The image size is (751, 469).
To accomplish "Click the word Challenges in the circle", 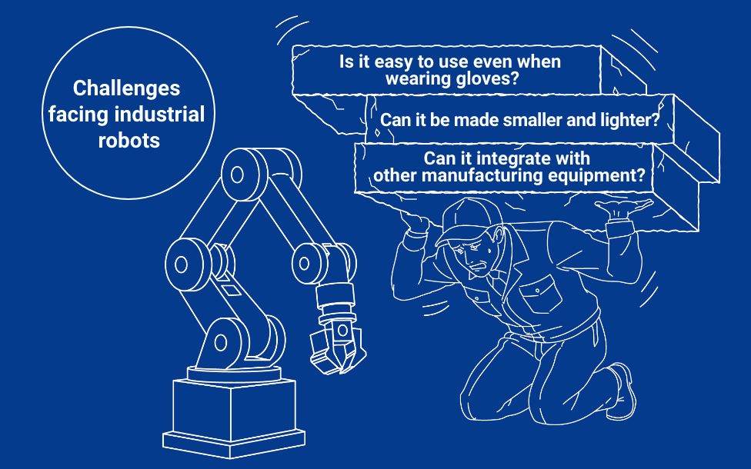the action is tap(126, 89).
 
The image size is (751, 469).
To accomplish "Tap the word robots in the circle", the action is tap(129, 141).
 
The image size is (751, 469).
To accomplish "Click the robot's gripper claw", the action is tap(337, 348).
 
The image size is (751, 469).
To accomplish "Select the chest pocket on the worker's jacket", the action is tap(541, 294).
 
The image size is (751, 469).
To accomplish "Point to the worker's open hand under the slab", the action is tap(622, 208).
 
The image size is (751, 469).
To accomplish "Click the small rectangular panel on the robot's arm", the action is tap(232, 290).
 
